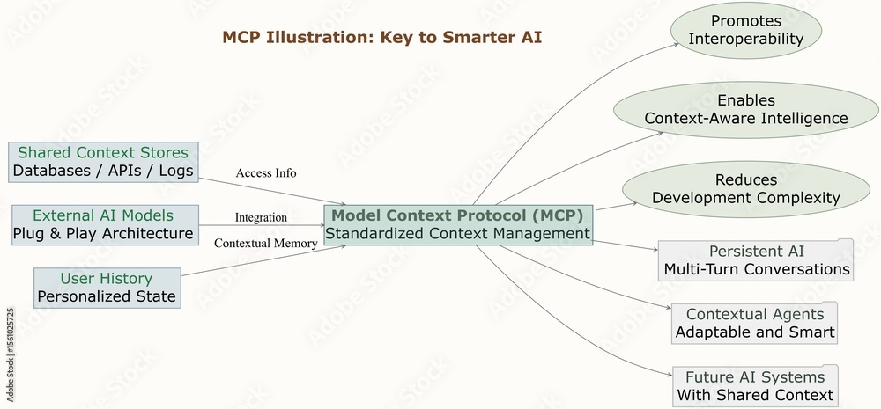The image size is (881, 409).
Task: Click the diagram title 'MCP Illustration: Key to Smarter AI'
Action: pos(381,37)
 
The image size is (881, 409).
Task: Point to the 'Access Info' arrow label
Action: pos(266,172)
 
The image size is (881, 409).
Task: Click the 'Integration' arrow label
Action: pos(261,217)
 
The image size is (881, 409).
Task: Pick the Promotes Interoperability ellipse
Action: pos(745,30)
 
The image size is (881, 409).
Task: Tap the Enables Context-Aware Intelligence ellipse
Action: pos(745,109)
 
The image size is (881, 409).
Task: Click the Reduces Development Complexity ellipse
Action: pos(745,188)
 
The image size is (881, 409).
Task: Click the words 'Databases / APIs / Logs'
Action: pos(103,171)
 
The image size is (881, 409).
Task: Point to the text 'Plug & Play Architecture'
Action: pos(103,233)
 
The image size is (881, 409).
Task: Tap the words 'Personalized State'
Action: pos(107,296)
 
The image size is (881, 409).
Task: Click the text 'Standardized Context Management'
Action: pos(457,233)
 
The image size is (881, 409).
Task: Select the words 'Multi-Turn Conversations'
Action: pos(757,269)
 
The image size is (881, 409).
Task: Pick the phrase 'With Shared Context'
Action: pos(755,395)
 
